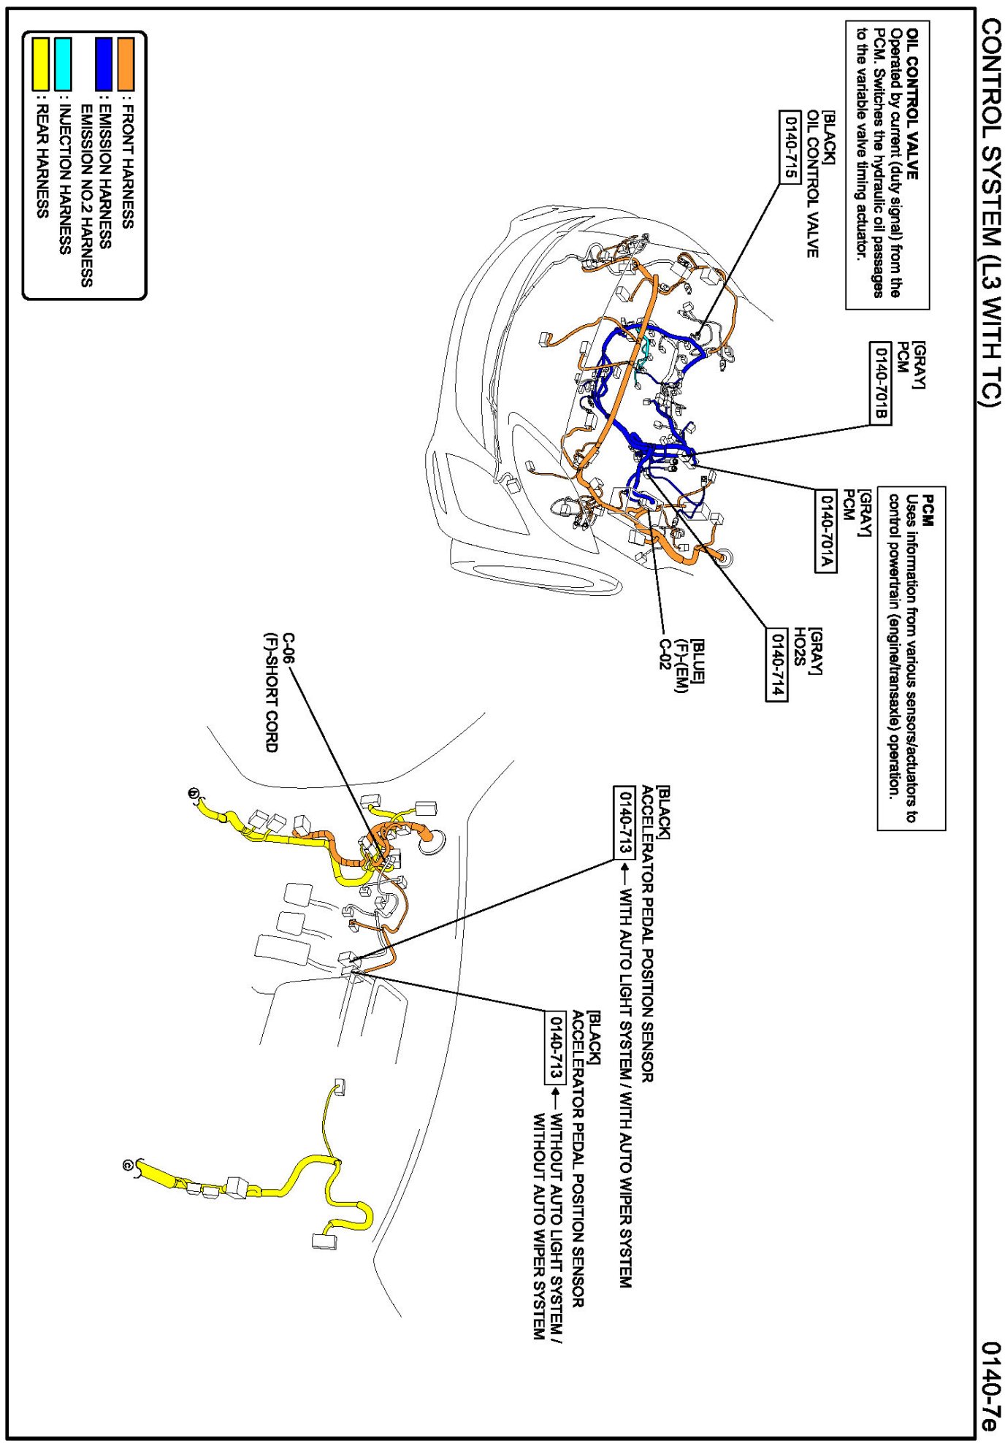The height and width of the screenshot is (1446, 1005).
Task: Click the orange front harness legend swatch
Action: coord(126,64)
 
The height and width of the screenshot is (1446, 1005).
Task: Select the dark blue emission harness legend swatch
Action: coord(104,64)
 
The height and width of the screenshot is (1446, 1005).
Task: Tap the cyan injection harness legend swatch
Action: coord(63,64)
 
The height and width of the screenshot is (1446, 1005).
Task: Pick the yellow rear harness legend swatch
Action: coord(40,64)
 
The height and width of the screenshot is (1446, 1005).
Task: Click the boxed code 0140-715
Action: coord(790,147)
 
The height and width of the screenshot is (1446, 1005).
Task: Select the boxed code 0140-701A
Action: coord(825,531)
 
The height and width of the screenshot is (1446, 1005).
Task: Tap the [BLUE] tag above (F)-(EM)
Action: coord(698,661)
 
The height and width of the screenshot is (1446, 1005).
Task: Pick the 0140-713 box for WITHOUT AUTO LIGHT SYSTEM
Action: coord(557,1047)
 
